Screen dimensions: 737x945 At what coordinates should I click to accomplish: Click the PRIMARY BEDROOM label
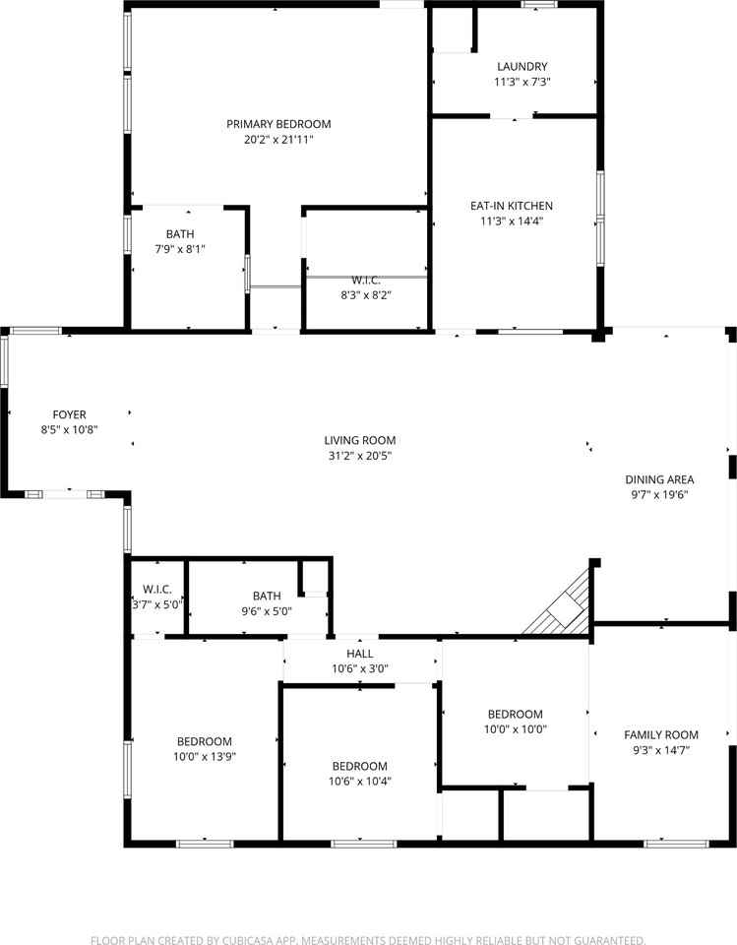(278, 124)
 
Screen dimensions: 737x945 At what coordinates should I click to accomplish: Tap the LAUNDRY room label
(522, 66)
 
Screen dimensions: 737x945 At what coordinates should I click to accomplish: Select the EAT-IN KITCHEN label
(511, 206)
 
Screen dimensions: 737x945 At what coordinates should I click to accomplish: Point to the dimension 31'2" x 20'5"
(360, 456)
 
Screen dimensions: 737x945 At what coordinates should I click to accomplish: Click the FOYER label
(69, 414)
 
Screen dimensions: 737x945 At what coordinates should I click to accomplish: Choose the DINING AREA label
(659, 479)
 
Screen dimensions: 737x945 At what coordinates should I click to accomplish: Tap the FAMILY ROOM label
(661, 734)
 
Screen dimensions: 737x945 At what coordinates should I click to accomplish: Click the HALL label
(360, 654)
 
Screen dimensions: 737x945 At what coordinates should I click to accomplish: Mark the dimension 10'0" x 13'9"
(205, 756)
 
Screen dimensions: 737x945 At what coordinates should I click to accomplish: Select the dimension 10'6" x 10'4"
(360, 781)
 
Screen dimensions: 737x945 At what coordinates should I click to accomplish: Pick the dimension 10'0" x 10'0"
(516, 728)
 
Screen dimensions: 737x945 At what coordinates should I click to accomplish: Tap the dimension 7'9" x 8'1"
(180, 248)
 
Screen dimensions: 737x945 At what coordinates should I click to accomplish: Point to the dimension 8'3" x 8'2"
(366, 295)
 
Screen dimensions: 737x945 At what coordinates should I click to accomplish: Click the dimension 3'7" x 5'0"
(157, 604)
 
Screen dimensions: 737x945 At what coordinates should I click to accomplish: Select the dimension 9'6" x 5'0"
(267, 610)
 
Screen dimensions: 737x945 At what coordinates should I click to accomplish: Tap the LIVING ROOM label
(360, 441)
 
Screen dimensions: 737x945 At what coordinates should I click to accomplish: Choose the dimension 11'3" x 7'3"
(522, 82)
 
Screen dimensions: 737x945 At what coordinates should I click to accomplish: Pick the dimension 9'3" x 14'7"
(661, 750)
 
